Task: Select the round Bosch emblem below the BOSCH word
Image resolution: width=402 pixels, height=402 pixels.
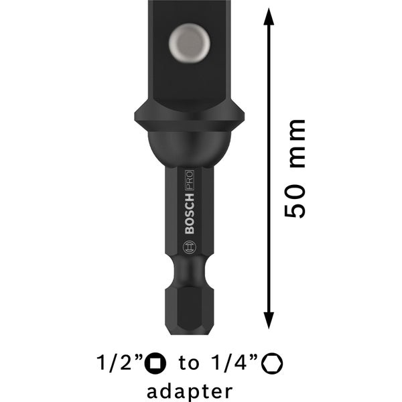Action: coord(189,247)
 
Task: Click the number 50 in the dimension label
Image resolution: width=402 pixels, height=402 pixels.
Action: coord(295,203)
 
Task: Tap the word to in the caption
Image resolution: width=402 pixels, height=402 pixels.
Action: coord(190,364)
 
